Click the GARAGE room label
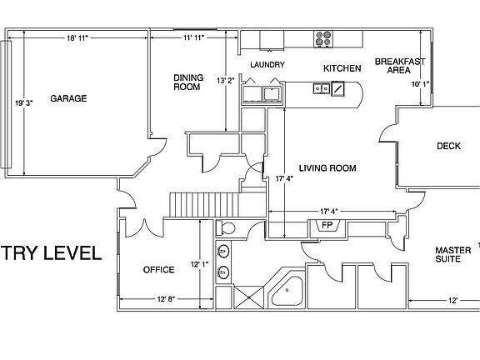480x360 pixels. click(x=68, y=98)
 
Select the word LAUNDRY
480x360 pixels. click(x=267, y=65)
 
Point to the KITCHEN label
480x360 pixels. click(x=342, y=67)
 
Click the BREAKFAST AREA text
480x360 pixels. click(x=400, y=66)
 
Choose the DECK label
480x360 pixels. click(x=448, y=147)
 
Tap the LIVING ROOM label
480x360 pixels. click(x=327, y=168)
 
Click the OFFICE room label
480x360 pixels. click(x=158, y=270)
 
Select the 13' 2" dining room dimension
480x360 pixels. click(x=226, y=82)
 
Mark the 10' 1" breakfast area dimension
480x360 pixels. click(x=421, y=84)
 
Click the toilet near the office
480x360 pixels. click(x=226, y=228)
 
